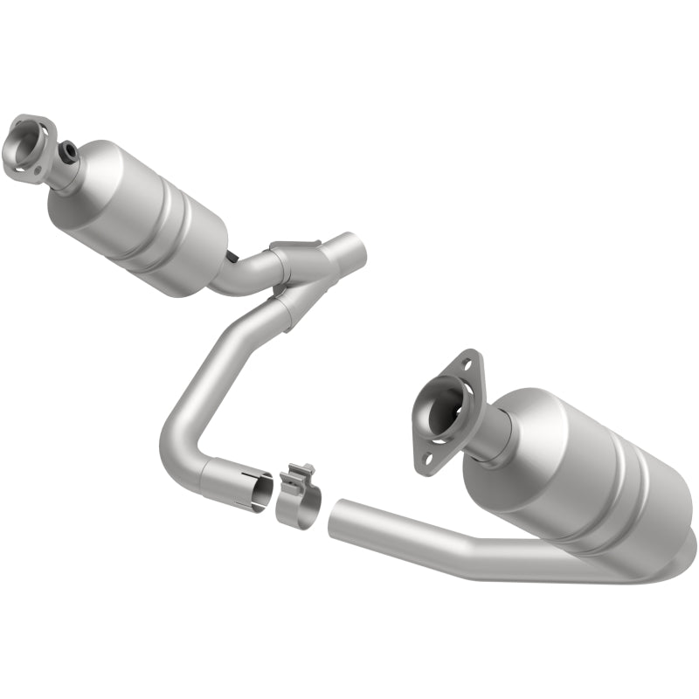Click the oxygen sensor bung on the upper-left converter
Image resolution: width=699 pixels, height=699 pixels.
(68, 154)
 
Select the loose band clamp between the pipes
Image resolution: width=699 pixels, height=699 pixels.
(298, 499)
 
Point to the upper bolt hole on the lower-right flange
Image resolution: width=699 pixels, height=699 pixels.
(469, 360)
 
